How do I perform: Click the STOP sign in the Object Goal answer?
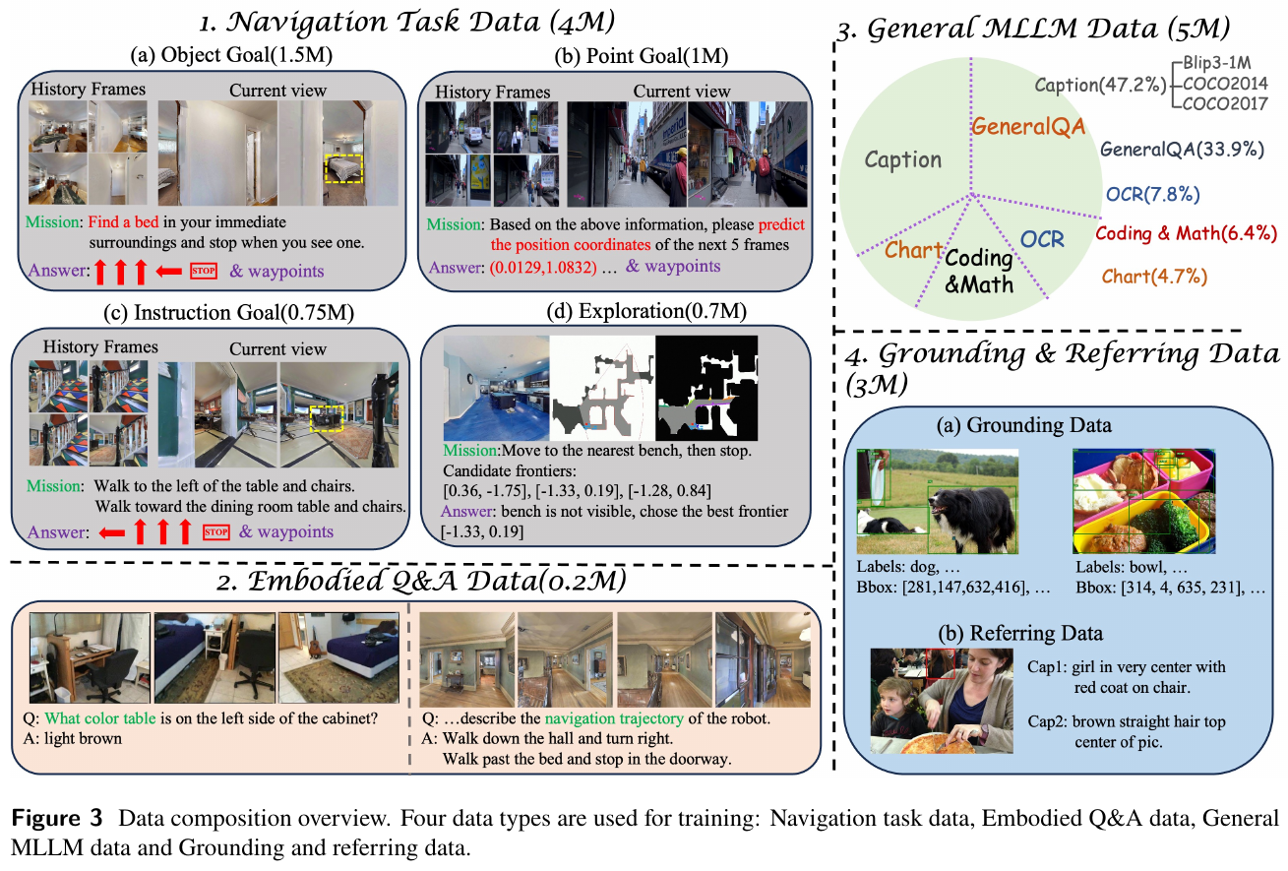(204, 271)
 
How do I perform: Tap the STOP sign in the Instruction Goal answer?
(216, 532)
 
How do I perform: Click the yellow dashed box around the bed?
(343, 168)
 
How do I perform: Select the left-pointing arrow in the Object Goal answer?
(168, 271)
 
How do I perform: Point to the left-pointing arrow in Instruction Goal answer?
(111, 533)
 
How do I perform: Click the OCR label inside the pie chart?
(1042, 239)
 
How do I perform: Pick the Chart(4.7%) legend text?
(1154, 277)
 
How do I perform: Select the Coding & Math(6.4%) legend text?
(1186, 233)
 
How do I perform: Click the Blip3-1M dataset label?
(1217, 63)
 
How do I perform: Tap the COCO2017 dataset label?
(1225, 103)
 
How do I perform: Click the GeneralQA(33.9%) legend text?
(1182, 150)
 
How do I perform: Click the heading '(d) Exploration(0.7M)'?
(646, 311)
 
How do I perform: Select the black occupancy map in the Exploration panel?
(706, 389)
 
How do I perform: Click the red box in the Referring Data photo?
(941, 664)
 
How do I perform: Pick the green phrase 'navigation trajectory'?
(614, 718)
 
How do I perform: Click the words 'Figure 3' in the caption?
(57, 818)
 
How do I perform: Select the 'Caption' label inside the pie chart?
(903, 160)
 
